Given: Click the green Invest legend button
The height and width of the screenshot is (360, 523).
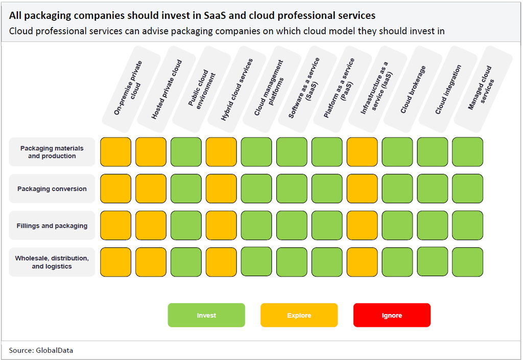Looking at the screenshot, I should [206, 315].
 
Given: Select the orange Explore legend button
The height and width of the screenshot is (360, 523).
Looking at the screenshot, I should [299, 315].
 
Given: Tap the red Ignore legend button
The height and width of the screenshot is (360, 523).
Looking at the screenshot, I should [392, 315].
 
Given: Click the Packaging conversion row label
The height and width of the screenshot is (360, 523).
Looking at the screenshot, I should [52, 189].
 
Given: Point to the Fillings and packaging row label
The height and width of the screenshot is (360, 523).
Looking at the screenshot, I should [52, 226].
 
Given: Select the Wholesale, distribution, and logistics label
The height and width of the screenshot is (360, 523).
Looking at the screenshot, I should [52, 262].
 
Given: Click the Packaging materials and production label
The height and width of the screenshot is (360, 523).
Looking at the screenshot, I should [52, 152].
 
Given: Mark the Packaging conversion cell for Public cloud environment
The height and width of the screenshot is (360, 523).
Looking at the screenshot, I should [186, 189].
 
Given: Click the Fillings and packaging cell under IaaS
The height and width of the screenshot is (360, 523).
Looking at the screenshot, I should [362, 226].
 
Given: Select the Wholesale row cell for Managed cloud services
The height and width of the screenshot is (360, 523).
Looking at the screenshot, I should [467, 262].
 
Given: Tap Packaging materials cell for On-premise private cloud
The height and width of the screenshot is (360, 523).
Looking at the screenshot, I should [115, 152].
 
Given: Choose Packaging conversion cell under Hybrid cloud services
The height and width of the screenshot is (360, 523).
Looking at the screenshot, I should [221, 189].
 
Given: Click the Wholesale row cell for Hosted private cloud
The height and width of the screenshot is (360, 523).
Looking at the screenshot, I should [151, 262].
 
